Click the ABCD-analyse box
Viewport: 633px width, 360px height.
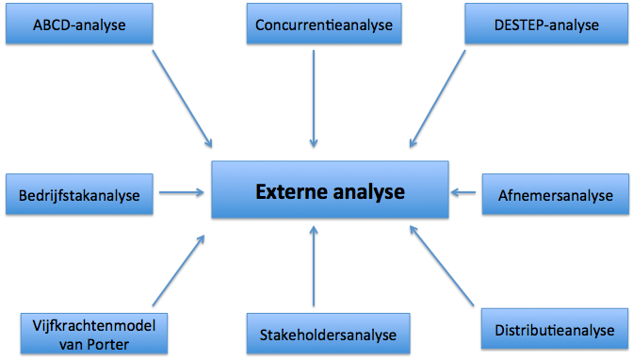click(x=79, y=25)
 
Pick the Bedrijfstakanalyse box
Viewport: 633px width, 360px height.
click(x=79, y=196)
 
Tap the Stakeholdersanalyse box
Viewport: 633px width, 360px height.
click(x=322, y=334)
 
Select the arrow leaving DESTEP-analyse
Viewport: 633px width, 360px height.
click(x=438, y=99)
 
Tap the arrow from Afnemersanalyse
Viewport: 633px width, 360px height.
click(x=463, y=193)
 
